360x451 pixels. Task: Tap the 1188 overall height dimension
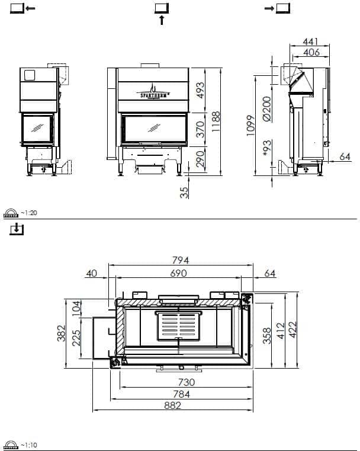216,121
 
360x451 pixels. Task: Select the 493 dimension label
201,90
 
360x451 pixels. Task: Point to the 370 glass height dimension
201,129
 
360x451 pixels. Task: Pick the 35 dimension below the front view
185,193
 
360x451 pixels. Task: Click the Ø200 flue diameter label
267,108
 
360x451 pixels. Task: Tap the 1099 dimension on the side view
250,126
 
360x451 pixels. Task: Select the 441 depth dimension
311,41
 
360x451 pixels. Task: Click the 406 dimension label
311,52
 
